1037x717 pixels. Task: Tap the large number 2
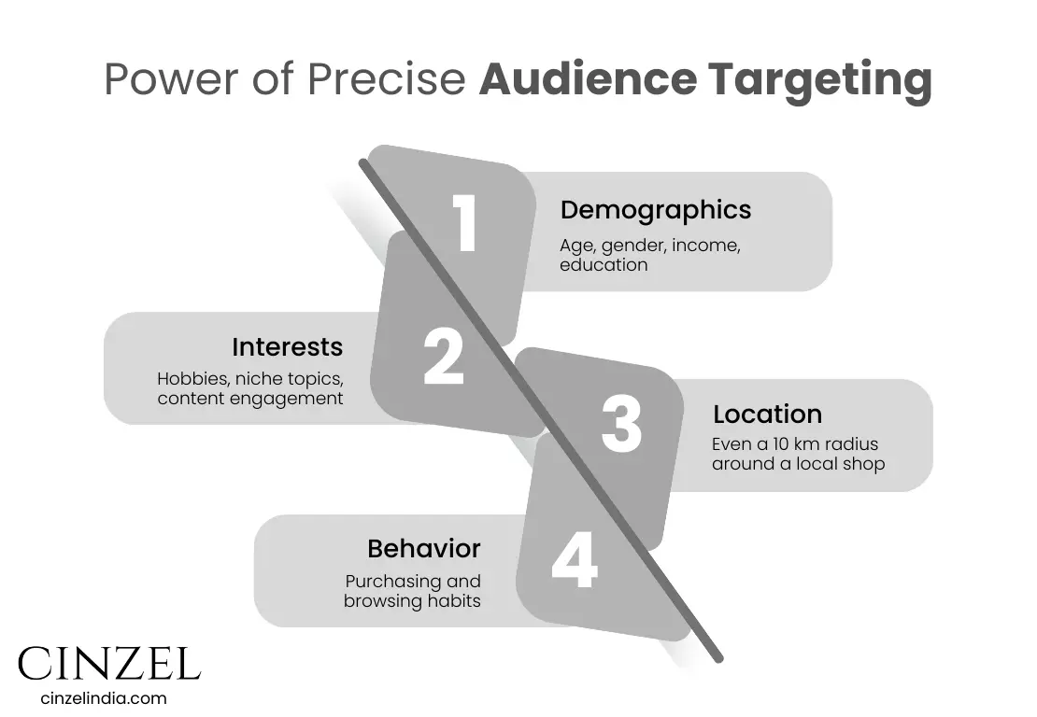point(443,357)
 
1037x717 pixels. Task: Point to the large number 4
point(574,560)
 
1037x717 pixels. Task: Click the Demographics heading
point(655,210)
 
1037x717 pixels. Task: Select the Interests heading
point(287,346)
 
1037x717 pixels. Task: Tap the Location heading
point(767,414)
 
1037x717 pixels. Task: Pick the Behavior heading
point(423,548)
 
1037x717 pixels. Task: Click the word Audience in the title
point(587,80)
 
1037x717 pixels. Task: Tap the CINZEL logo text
point(108,663)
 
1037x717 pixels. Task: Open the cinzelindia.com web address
point(104,697)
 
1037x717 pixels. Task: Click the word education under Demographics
point(604,265)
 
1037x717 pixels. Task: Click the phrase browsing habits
point(412,600)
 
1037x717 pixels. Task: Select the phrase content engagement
point(249,399)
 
